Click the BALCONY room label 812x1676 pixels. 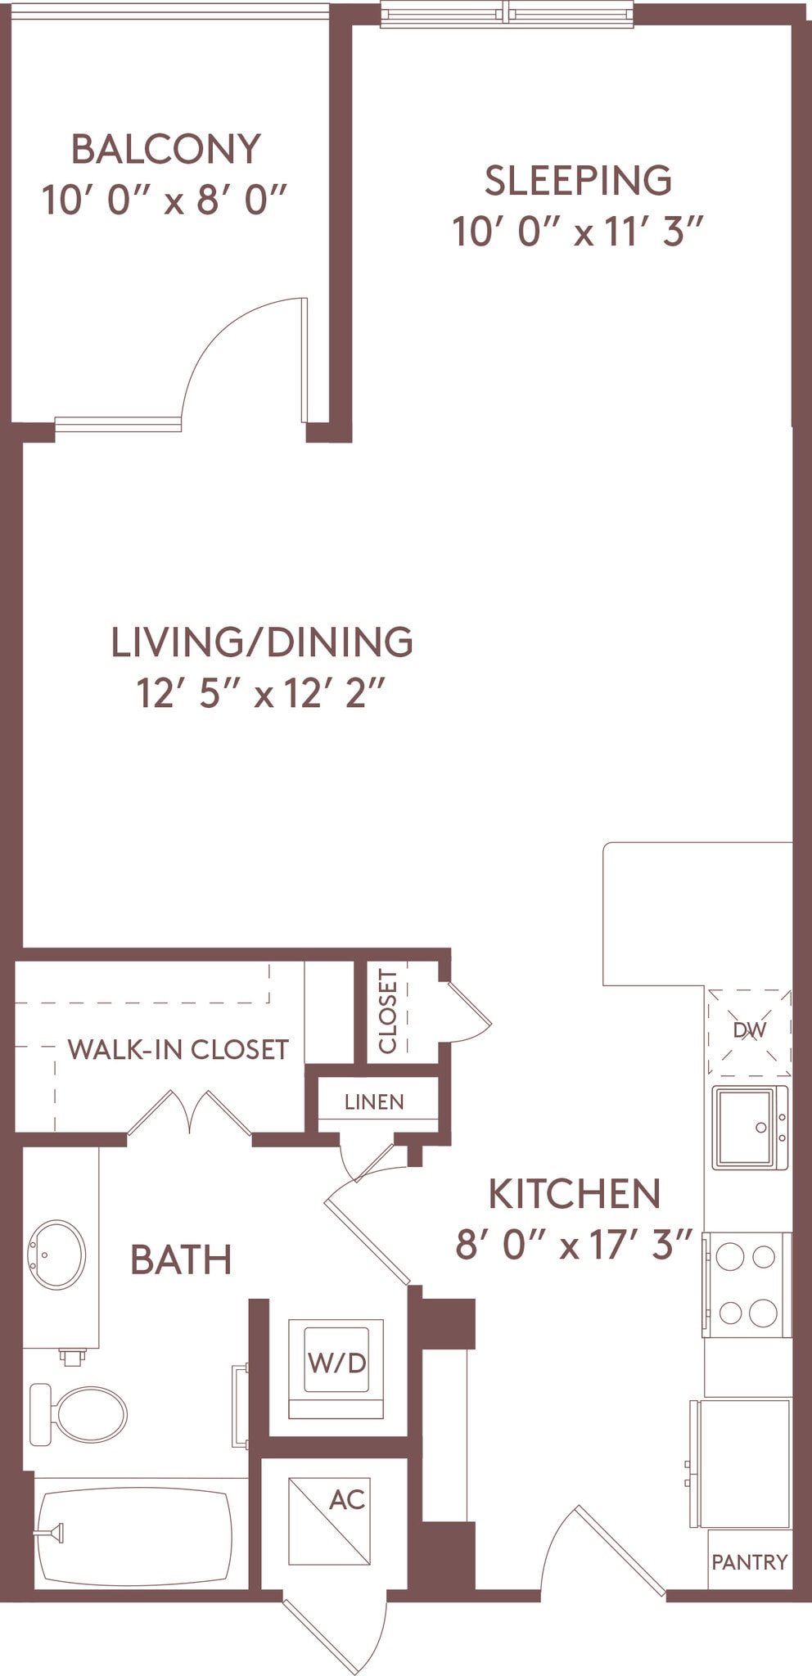[x=166, y=149]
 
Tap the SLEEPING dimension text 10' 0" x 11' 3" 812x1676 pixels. [x=578, y=232]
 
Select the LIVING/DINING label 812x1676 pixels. [x=261, y=642]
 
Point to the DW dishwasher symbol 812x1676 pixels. [x=750, y=1031]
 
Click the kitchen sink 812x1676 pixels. [x=749, y=1128]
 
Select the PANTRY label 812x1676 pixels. [x=749, y=1562]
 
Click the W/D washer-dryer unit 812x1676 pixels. [x=336, y=1363]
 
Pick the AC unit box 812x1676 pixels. [x=330, y=1521]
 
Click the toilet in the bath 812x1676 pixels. [x=80, y=1414]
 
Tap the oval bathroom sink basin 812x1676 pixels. [x=56, y=1255]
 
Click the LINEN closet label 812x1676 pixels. [x=374, y=1102]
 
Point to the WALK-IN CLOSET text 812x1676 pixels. [x=178, y=1050]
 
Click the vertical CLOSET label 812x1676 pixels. [x=388, y=1011]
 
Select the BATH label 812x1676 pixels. [x=181, y=1260]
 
